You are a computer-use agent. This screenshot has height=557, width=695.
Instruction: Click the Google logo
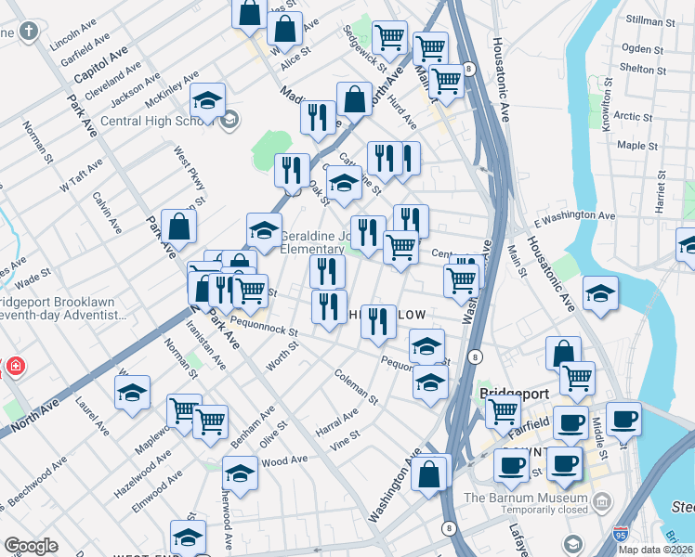[31, 546]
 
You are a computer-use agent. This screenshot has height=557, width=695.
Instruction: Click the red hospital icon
[14, 368]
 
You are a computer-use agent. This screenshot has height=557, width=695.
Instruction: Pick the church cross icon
[29, 32]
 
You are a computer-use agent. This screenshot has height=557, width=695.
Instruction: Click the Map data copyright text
[656, 550]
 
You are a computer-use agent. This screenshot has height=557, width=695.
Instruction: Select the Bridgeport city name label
[510, 394]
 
